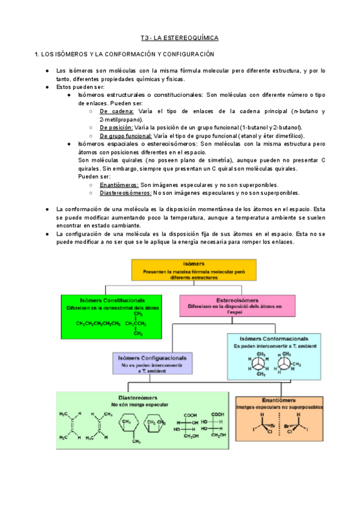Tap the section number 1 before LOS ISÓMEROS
point(37,55)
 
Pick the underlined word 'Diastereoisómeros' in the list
point(126,193)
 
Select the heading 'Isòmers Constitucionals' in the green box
point(105,300)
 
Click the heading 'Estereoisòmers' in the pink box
point(237,300)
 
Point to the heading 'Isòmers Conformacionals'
point(274,339)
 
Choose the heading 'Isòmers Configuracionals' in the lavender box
point(151,357)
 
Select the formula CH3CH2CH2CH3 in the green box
point(98,323)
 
